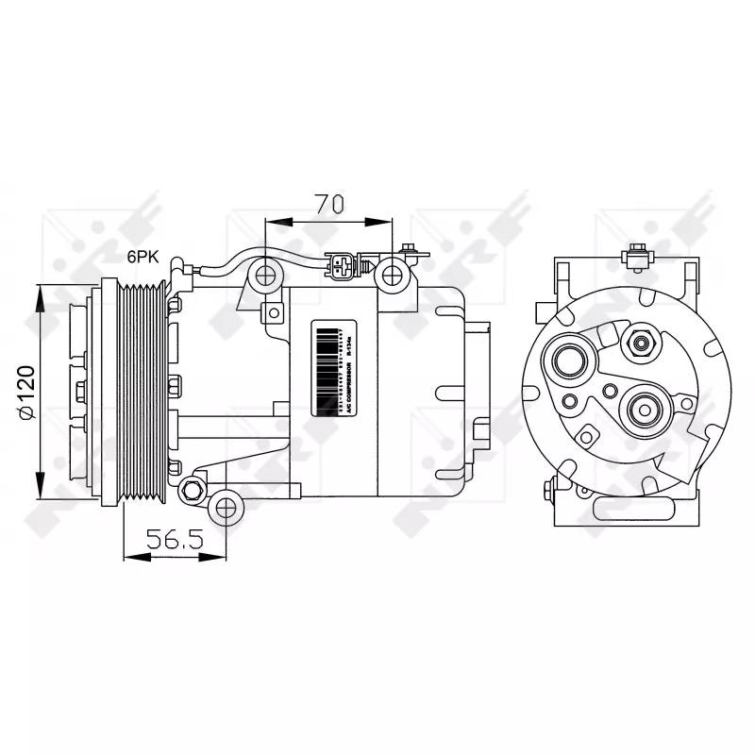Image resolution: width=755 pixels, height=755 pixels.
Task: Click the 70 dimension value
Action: click(x=328, y=203)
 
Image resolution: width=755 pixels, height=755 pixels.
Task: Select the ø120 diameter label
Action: click(x=25, y=392)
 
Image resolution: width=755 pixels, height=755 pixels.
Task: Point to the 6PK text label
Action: click(x=144, y=256)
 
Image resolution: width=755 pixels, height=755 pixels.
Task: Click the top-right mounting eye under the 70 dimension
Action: click(x=392, y=277)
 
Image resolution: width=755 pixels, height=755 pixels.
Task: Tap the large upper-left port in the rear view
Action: click(x=571, y=361)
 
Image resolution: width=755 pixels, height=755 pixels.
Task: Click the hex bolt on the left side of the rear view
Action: click(x=549, y=490)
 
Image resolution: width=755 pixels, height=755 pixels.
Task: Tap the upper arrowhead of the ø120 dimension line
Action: click(x=41, y=294)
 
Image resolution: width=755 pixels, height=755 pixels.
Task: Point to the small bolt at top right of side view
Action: click(x=410, y=250)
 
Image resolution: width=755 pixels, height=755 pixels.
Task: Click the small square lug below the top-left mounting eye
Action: click(x=275, y=311)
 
